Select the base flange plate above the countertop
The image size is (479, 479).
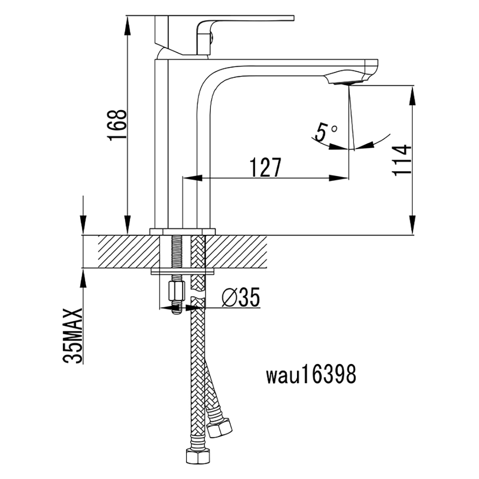183,231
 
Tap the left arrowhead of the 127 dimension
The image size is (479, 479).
191,178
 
